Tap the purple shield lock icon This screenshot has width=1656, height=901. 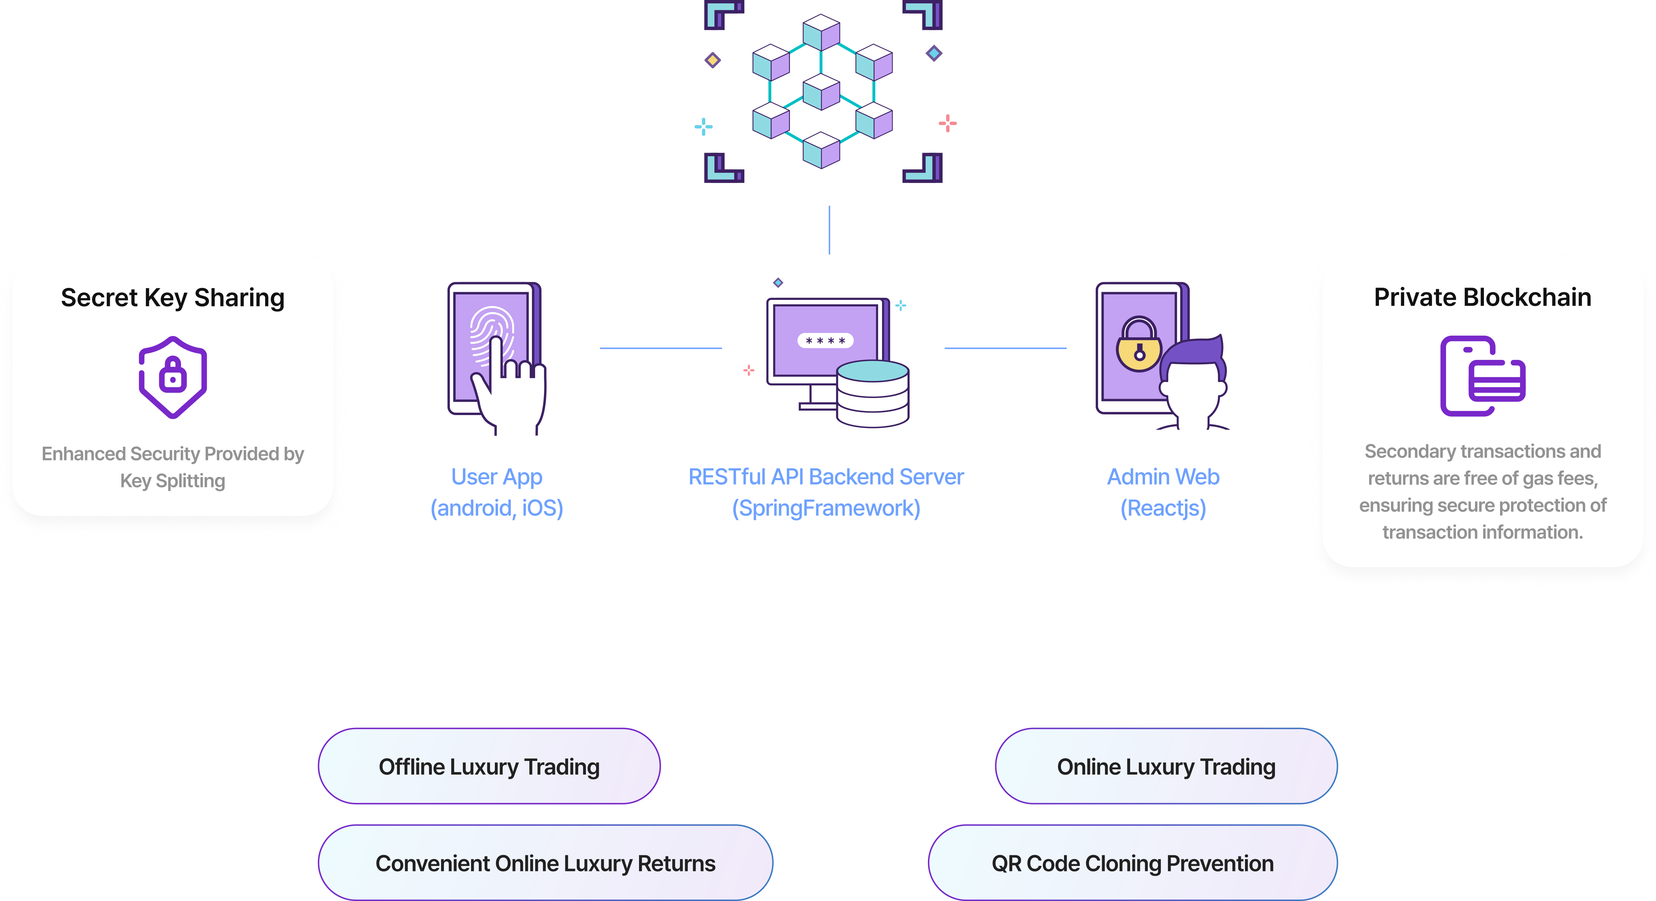(172, 377)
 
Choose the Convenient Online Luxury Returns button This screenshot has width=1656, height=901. (545, 863)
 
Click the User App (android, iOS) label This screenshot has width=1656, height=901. (496, 492)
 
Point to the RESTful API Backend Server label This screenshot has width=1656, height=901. (826, 492)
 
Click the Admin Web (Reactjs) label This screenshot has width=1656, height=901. (1163, 492)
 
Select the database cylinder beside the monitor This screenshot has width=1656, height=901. (872, 393)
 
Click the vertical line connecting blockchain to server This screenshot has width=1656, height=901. (829, 229)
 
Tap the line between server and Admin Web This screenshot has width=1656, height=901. (1005, 348)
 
